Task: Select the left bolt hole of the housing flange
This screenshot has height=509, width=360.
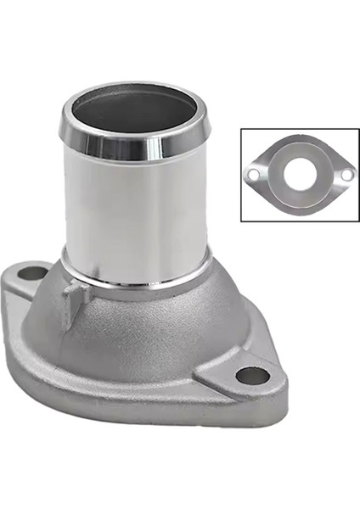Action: coord(31,273)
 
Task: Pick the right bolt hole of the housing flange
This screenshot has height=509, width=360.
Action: coord(252,374)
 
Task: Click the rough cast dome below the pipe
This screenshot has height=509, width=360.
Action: coord(144,331)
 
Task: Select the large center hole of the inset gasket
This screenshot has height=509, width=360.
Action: coord(300,175)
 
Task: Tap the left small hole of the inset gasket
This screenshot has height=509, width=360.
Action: coord(253,175)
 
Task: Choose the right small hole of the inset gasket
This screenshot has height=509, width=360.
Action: coord(346,175)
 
